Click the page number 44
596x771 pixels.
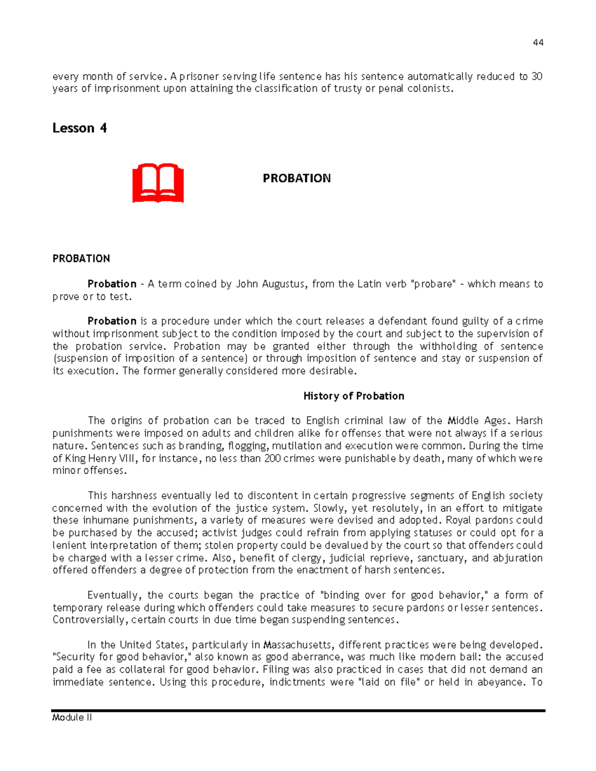(538, 43)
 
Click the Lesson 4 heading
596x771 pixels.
(79, 128)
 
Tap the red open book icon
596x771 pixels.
(158, 183)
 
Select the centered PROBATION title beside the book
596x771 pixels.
(297, 178)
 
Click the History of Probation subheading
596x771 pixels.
(354, 396)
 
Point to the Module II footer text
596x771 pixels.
(72, 717)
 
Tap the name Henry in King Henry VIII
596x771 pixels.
(107, 458)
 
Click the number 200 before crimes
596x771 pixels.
(273, 458)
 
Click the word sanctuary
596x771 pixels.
(441, 558)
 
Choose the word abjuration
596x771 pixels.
(517, 558)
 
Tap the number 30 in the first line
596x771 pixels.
(536, 76)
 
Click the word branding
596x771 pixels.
(200, 445)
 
